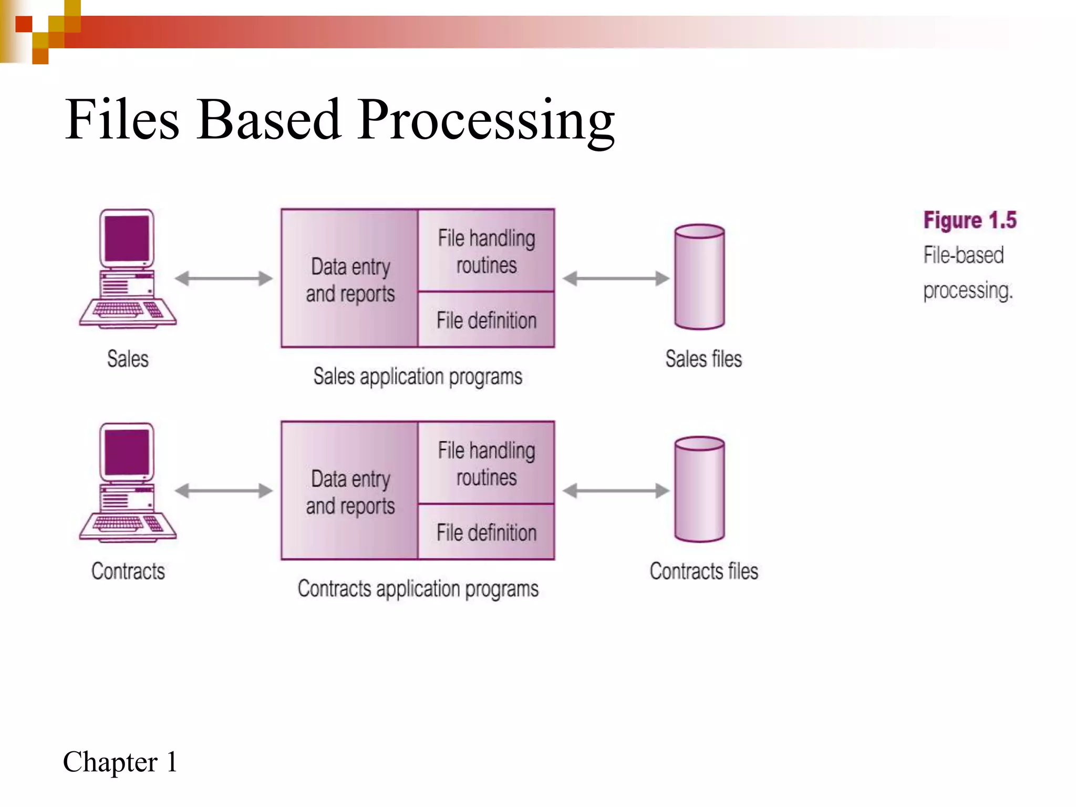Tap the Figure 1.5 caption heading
(970, 220)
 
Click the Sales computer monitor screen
(127, 238)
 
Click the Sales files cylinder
(699, 277)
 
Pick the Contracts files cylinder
(699, 489)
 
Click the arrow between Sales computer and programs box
(224, 278)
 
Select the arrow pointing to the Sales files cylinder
(616, 278)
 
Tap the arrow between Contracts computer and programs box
(224, 491)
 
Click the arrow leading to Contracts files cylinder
(616, 491)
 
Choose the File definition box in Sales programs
(486, 320)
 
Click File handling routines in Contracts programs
(486, 463)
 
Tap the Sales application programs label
(418, 376)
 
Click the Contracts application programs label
(418, 588)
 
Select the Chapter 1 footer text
(120, 762)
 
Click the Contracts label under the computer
(128, 571)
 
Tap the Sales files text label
(703, 359)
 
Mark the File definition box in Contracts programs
(486, 532)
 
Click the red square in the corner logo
(24, 24)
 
